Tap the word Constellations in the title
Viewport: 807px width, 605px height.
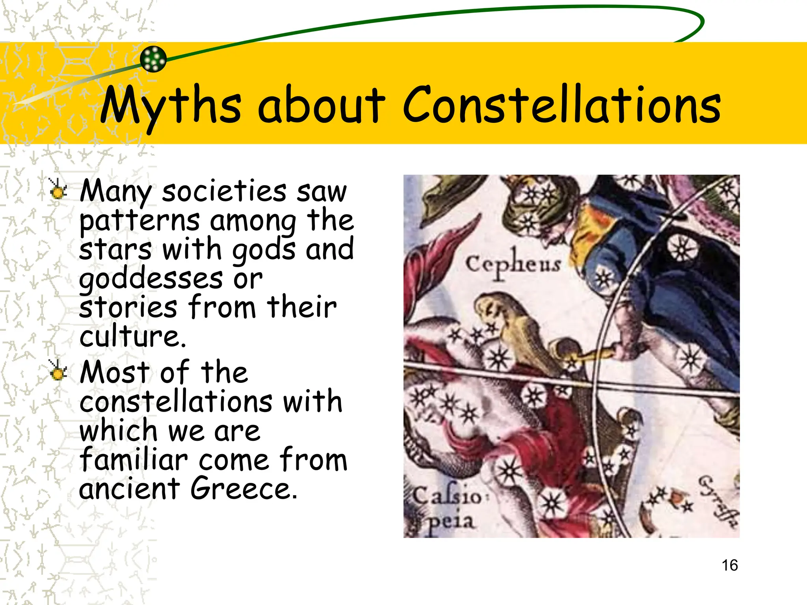click(562, 104)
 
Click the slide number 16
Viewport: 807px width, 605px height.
click(729, 565)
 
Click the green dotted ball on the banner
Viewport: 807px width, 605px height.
click(153, 59)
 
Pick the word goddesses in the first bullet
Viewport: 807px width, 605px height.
click(151, 279)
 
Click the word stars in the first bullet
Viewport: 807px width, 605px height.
click(115, 250)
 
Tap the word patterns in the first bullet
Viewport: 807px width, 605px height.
click(139, 221)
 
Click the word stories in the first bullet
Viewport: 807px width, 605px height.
click(128, 308)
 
